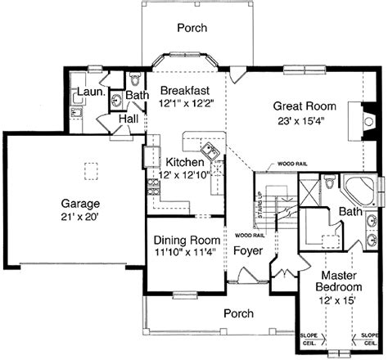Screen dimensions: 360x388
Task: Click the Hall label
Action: tap(128, 119)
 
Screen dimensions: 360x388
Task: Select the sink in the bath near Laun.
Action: tap(116, 99)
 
